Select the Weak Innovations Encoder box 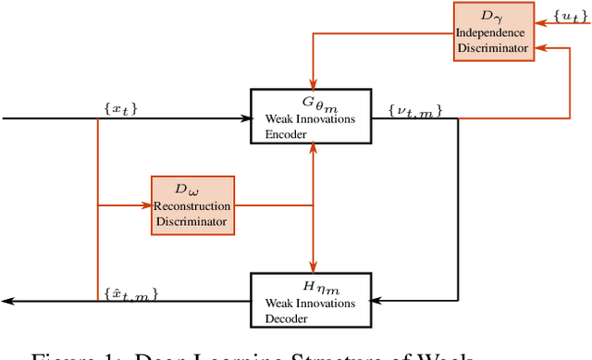[311, 117]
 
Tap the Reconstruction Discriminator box [192, 204]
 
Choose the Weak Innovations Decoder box [311, 299]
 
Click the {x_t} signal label [120, 110]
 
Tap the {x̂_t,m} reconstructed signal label [131, 293]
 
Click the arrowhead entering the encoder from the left [246, 118]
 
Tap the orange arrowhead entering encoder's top [314, 84]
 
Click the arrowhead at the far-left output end [6, 301]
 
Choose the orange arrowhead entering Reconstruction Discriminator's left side [146, 205]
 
